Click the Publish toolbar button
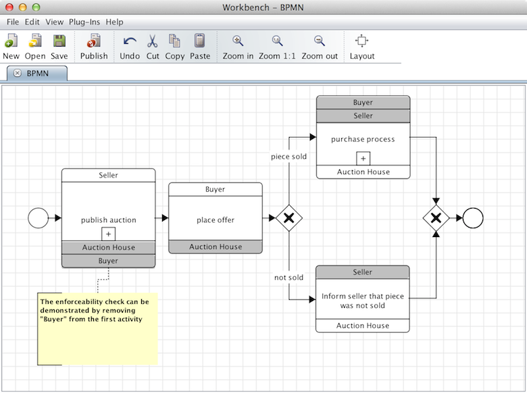point(94,47)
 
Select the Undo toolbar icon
point(130,47)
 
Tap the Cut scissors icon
point(153,47)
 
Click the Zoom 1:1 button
point(277,47)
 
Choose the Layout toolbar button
point(361,47)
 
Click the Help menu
point(115,22)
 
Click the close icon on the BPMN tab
point(18,73)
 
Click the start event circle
point(39,218)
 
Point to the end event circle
point(473,218)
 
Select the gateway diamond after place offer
point(289,218)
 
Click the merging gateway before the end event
point(436,218)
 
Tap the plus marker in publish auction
point(108,234)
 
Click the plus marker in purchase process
point(363,158)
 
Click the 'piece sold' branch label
point(289,157)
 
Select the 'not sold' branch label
point(288,278)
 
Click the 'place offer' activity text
point(216,220)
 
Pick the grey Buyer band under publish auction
point(108,261)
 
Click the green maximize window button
point(36,7)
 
